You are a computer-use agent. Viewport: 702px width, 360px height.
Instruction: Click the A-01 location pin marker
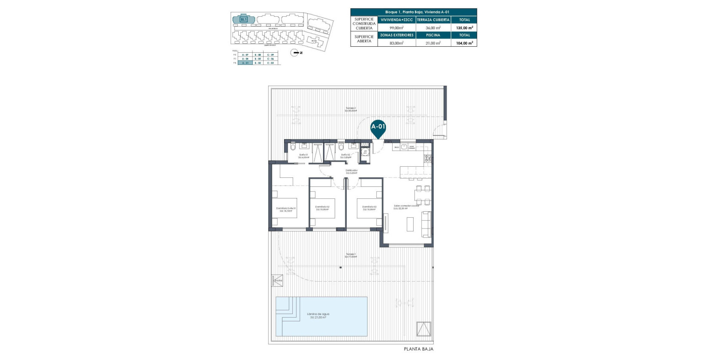click(x=378, y=127)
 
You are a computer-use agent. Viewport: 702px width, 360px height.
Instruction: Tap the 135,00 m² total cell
click(x=464, y=28)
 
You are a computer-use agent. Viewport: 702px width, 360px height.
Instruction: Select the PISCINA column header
click(x=433, y=35)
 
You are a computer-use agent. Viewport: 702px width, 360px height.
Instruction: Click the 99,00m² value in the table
click(x=396, y=28)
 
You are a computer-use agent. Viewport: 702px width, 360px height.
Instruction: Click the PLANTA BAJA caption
click(x=418, y=349)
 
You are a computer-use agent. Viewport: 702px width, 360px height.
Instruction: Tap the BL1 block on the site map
click(x=243, y=19)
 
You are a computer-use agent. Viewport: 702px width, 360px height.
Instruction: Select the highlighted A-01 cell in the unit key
click(x=245, y=63)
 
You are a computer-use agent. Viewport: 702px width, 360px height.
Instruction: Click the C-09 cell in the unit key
click(x=270, y=55)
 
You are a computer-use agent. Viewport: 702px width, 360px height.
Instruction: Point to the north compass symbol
click(x=295, y=53)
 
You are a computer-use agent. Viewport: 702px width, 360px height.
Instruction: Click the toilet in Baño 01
click(x=293, y=147)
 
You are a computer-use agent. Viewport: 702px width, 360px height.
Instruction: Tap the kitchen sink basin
click(x=404, y=147)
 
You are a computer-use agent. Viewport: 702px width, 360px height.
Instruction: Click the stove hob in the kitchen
click(x=427, y=159)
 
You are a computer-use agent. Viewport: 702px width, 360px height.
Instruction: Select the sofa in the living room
click(x=426, y=224)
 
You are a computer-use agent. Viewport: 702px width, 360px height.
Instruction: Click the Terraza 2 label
click(x=351, y=109)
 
